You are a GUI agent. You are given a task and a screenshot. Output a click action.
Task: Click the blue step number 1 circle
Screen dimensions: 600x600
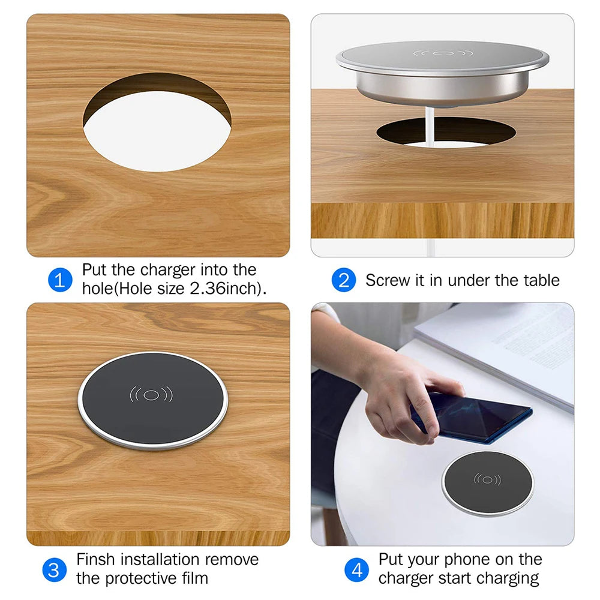coord(59,280)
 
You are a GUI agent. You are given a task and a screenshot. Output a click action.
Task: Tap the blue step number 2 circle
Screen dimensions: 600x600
coord(344,280)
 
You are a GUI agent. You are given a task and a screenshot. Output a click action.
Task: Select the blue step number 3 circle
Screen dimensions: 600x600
coord(54,569)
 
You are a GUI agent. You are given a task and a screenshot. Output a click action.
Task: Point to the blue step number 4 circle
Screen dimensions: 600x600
coord(357,569)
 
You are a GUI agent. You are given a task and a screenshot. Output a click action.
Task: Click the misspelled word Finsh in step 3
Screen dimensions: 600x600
coord(97,560)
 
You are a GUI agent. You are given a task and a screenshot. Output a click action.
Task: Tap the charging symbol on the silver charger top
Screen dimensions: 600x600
coord(443,53)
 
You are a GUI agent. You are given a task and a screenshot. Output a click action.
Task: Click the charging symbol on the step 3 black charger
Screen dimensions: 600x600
coord(151,395)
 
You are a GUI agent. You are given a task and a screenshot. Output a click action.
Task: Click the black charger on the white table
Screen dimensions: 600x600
coord(487,482)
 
